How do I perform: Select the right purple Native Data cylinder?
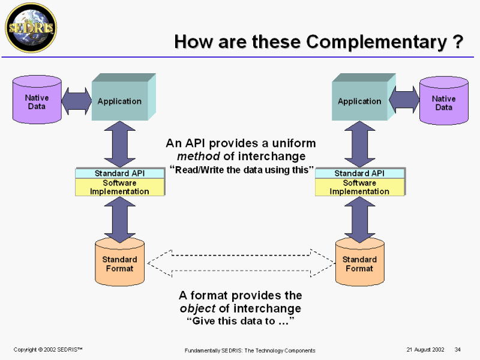pyautogui.click(x=443, y=103)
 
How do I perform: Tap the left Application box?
pyautogui.click(x=120, y=101)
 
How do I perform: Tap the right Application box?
pyautogui.click(x=360, y=101)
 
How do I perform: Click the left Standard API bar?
pyautogui.click(x=119, y=173)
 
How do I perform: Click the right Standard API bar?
pyautogui.click(x=359, y=173)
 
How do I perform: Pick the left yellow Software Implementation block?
pyautogui.click(x=119, y=187)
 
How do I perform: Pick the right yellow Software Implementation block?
pyautogui.click(x=359, y=187)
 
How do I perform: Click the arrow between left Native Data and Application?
pyautogui.click(x=76, y=101)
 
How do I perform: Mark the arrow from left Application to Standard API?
pyautogui.click(x=119, y=144)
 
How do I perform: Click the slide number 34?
pyautogui.click(x=458, y=350)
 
